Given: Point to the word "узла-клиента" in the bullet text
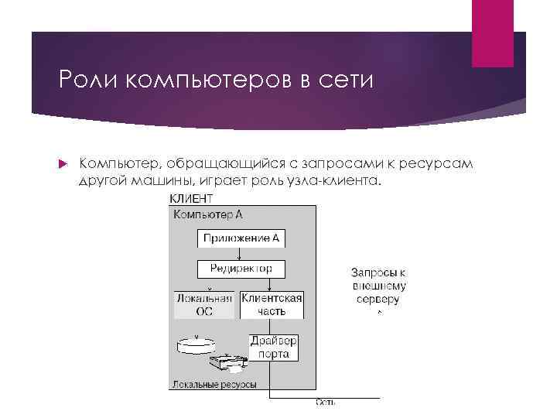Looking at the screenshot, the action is tap(338, 180).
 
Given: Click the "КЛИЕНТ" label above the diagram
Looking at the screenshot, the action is tap(191, 199).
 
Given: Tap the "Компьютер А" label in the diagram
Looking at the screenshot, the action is tap(207, 214).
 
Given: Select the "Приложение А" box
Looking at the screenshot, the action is tap(241, 238).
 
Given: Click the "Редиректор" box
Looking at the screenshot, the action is tap(241, 269).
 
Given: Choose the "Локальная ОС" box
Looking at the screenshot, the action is tap(204, 305).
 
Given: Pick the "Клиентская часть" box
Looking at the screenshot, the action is tap(272, 305).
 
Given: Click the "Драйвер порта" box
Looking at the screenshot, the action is tap(273, 348).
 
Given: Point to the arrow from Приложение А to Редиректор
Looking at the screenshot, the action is tap(241, 253).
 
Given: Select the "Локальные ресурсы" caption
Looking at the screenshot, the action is tap(214, 383).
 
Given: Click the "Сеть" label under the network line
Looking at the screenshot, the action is tap(325, 401).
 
